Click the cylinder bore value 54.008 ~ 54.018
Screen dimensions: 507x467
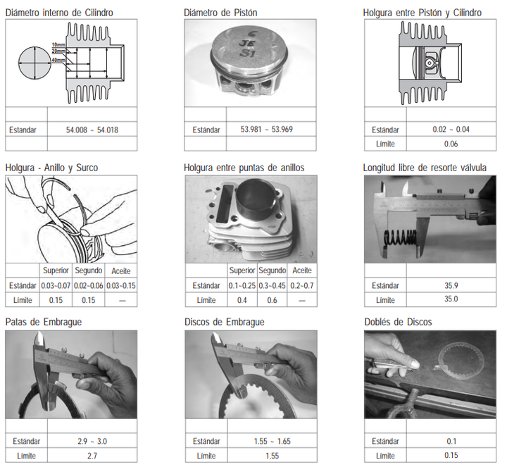pos(92,130)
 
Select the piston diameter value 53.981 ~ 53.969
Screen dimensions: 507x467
pos(266,130)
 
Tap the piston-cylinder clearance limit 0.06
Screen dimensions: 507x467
pos(451,144)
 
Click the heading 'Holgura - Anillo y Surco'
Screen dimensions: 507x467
pos(51,168)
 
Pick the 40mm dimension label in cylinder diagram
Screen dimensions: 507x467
pos(58,60)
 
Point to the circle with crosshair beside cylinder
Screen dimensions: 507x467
pos(35,63)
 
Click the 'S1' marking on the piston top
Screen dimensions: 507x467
pos(247,53)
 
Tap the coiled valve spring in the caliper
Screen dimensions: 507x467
pos(400,239)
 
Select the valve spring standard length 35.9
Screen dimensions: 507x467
pos(451,285)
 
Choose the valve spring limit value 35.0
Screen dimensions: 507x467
pos(451,299)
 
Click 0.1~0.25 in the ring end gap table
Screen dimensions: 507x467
pos(242,286)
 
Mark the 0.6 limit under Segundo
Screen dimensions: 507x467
pos(272,300)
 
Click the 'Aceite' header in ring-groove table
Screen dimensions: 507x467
pos(121,271)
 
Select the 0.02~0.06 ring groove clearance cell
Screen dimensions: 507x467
pos(88,286)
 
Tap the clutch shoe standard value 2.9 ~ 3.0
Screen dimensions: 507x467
pos(92,441)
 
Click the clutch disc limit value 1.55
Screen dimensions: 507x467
pos(272,456)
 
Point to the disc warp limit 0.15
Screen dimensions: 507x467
pos(451,455)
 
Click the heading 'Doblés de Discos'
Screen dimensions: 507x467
pos(398,322)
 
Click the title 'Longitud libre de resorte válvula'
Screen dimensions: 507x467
pos(425,168)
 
